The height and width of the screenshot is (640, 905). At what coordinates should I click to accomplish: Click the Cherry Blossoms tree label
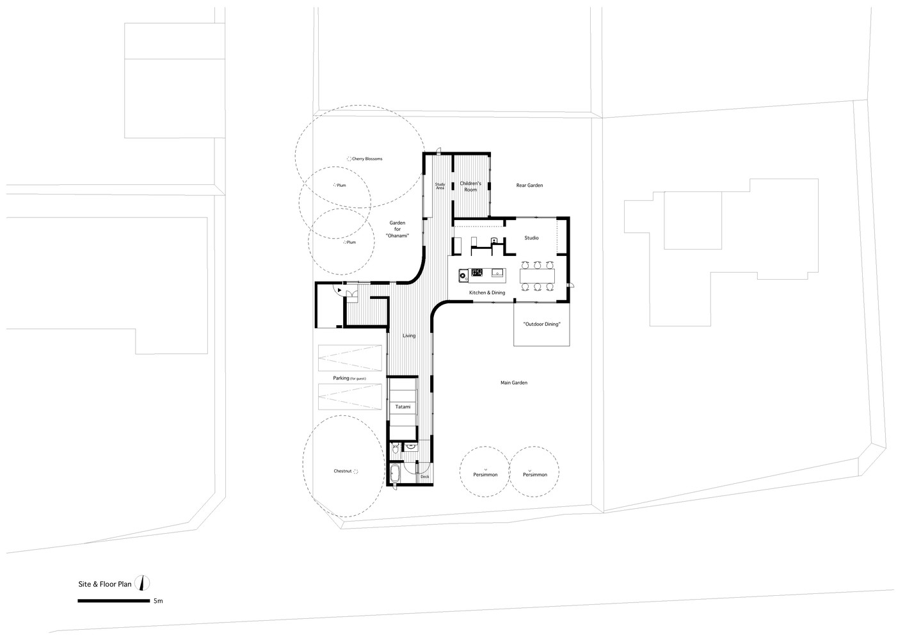coord(367,159)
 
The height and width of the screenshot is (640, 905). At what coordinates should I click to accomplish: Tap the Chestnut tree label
coord(342,471)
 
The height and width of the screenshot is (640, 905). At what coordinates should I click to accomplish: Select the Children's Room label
coord(470,186)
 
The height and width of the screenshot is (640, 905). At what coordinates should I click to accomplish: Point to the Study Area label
coord(440,186)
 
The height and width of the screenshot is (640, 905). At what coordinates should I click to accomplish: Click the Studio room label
coord(531,238)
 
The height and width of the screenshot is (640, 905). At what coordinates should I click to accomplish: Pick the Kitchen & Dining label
coord(487,292)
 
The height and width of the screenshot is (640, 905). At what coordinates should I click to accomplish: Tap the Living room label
coord(409,336)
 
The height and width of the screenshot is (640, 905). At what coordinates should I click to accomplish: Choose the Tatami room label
coord(403,407)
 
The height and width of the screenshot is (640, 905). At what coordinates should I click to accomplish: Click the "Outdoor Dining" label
coord(541,324)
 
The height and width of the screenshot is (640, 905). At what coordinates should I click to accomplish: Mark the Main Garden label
coord(514,383)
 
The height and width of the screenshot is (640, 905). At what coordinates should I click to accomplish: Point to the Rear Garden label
coord(529,186)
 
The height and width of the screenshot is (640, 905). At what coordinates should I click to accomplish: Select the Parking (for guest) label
coord(349,378)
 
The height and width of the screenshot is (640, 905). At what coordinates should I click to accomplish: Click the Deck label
coord(424,477)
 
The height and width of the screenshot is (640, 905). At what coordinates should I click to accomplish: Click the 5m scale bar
coord(113,601)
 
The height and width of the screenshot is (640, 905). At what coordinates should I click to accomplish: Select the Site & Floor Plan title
coord(104,584)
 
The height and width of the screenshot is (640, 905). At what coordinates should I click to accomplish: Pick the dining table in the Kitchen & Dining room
coord(537,276)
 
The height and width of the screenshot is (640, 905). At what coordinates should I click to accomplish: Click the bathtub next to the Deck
coord(395,474)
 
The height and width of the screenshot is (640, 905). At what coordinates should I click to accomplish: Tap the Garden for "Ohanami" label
coord(397,229)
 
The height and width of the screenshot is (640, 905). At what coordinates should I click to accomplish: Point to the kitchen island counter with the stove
coord(482,275)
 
